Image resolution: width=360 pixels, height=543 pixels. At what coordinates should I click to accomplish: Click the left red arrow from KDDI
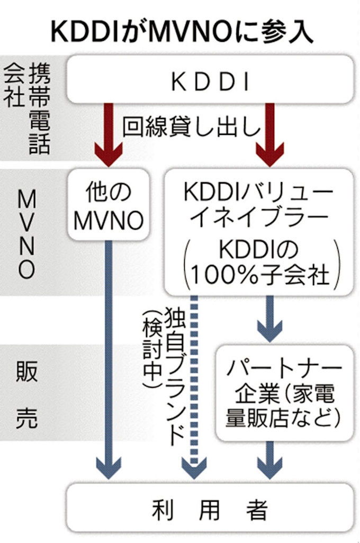pyautogui.click(x=109, y=132)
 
